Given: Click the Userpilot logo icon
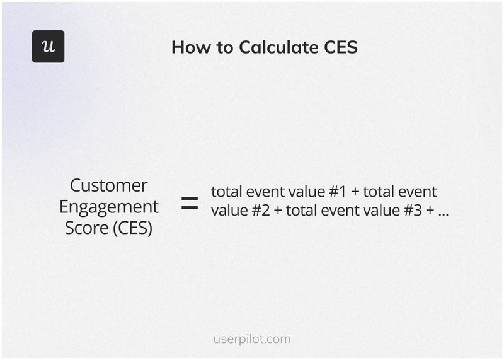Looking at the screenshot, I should [x=48, y=46].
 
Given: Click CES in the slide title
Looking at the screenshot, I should [x=340, y=47].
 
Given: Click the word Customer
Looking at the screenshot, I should [x=109, y=185].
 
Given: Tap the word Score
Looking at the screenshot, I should [x=87, y=227].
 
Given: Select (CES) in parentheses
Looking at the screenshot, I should [x=134, y=228].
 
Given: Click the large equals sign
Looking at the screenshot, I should [x=189, y=203].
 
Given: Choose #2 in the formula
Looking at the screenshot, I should [x=260, y=211].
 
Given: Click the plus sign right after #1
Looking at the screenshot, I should [x=354, y=192].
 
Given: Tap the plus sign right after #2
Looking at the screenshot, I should [x=277, y=211].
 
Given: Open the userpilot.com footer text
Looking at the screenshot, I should [x=252, y=339].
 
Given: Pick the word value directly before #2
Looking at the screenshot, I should [x=228, y=211].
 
